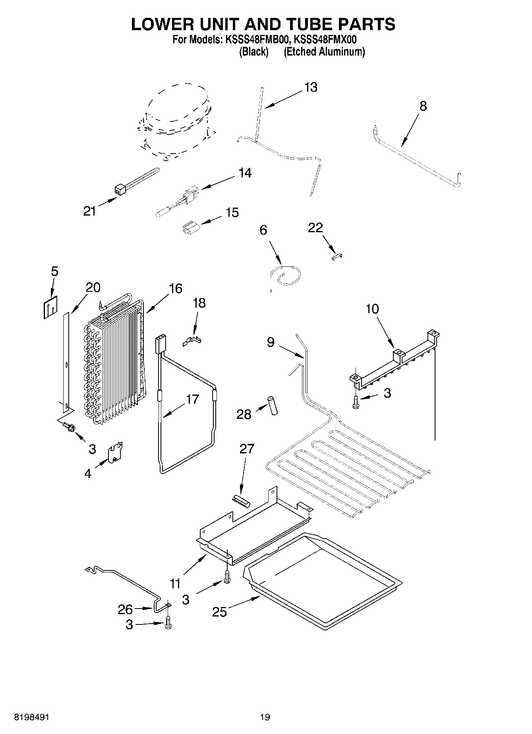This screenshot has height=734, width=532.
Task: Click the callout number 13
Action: pyautogui.click(x=311, y=87)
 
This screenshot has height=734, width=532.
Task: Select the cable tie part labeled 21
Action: pyautogui.click(x=137, y=179)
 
